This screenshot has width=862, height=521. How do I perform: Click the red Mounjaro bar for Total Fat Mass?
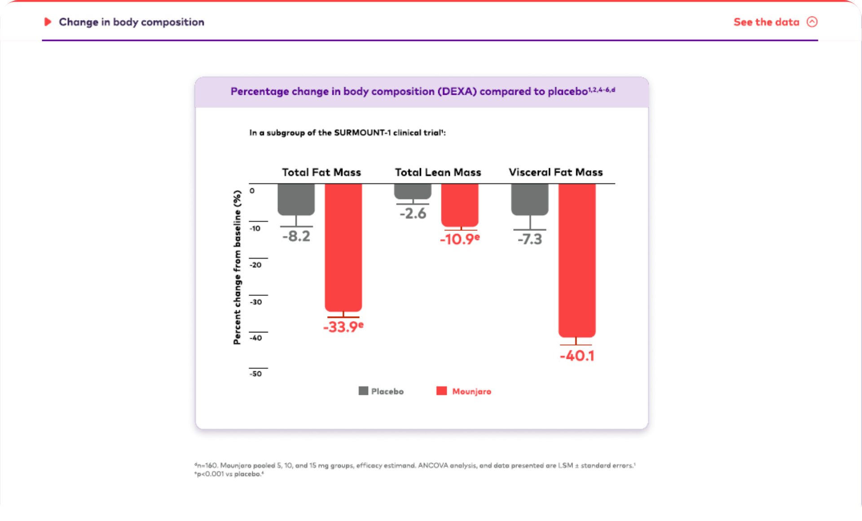(343, 247)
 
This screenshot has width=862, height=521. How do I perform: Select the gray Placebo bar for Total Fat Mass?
(296, 199)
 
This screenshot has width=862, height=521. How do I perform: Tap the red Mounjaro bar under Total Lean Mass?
(459, 205)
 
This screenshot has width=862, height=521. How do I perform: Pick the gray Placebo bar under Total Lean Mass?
(413, 191)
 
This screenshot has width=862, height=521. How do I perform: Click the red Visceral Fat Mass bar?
(576, 260)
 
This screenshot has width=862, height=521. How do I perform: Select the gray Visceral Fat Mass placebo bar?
(530, 199)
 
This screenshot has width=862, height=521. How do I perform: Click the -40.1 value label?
(577, 356)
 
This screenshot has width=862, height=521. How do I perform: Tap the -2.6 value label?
(413, 213)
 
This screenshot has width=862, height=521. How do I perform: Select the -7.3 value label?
(530, 239)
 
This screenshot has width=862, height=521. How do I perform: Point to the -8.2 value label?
(296, 236)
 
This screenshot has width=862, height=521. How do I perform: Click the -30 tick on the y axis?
(256, 302)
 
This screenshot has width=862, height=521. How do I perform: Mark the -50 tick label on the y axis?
(256, 374)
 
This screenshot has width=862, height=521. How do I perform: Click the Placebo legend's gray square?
(363, 391)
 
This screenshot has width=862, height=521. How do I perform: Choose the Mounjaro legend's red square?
(441, 391)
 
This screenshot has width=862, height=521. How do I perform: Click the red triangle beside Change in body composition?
(48, 22)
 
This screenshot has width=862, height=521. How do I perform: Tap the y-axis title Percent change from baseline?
(237, 267)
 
